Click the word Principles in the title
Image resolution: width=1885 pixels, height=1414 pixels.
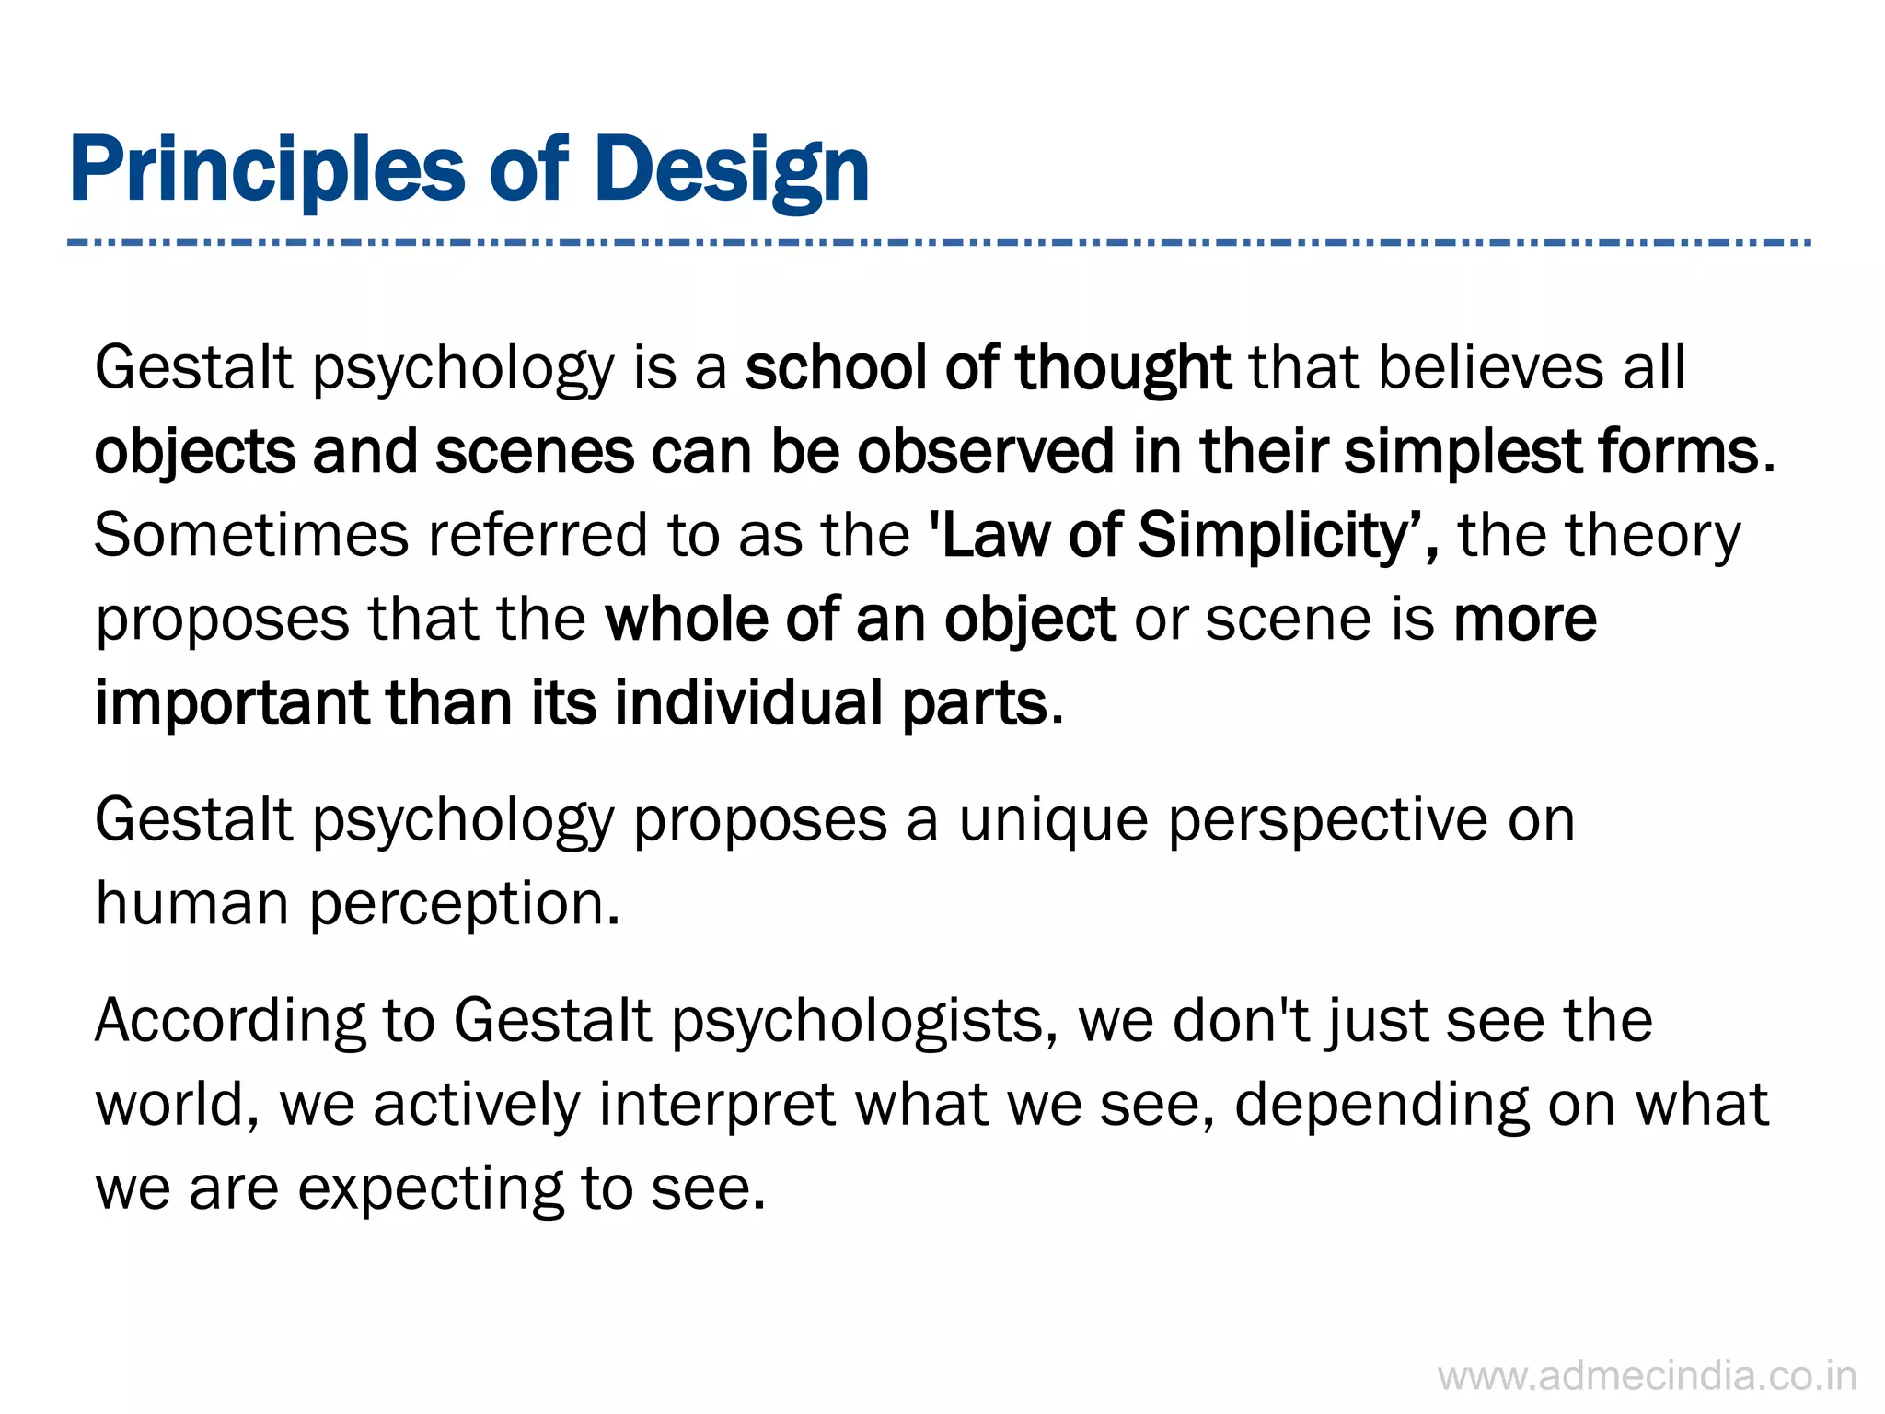point(267,171)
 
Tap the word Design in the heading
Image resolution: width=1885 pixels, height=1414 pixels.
point(732,171)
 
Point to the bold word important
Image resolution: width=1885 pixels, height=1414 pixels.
point(230,702)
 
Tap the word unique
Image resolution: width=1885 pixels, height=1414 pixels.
point(1053,820)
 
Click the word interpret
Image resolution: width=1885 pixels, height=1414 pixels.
point(717,1105)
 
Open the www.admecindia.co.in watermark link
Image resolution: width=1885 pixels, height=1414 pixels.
point(1647,1377)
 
